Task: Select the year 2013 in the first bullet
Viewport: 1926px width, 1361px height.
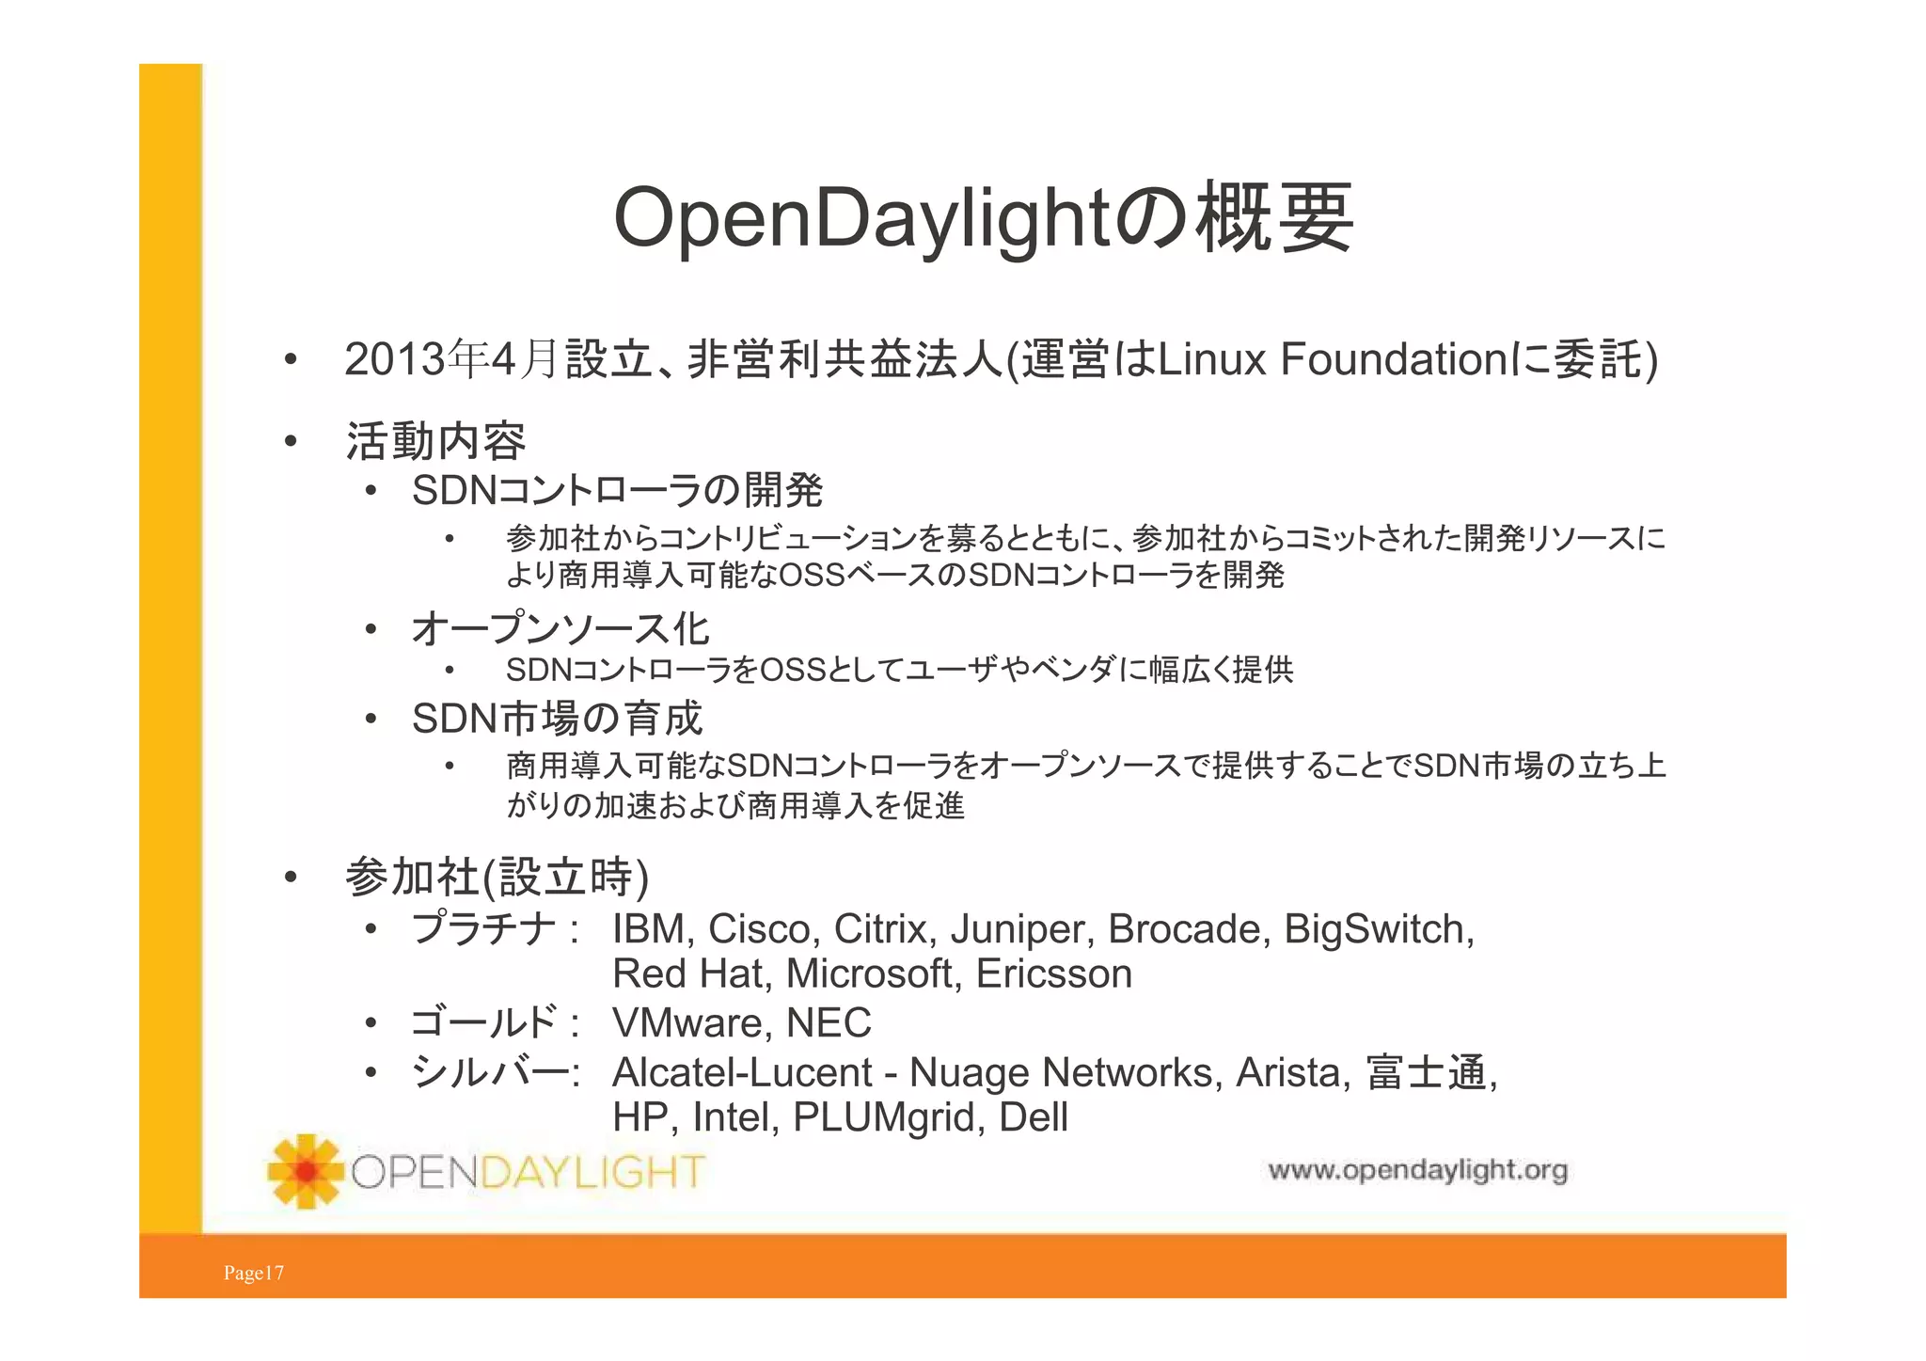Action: [x=393, y=359]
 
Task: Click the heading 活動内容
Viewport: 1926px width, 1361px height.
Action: [x=435, y=440]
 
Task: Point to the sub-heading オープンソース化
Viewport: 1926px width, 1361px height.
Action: [x=560, y=628]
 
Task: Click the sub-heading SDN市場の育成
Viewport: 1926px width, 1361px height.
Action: [x=557, y=719]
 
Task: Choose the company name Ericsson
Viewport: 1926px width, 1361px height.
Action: [x=1053, y=973]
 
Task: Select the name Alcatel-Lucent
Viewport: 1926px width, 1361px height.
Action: [x=742, y=1072]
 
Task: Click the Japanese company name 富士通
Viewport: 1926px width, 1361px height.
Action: [x=1426, y=1072]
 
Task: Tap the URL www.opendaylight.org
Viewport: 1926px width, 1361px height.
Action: [x=1417, y=1170]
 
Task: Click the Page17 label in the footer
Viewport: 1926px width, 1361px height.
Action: [x=253, y=1273]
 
